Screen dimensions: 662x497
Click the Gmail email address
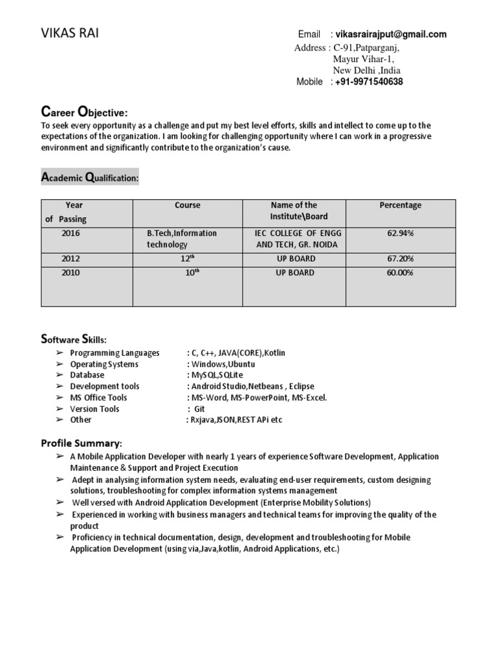click(x=391, y=34)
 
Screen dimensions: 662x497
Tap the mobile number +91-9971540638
click(x=368, y=82)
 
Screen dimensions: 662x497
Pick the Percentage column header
click(x=400, y=206)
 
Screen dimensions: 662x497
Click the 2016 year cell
click(x=71, y=233)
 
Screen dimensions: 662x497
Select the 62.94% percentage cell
click(x=400, y=233)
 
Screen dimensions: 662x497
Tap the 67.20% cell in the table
click(x=400, y=259)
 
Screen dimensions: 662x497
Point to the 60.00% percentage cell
click(x=400, y=273)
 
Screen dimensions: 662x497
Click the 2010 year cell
click(x=71, y=273)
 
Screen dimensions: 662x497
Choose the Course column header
click(x=187, y=206)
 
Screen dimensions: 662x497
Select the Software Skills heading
click(x=74, y=339)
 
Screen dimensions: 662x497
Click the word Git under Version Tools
click(x=199, y=409)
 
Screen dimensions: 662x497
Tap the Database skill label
click(x=87, y=375)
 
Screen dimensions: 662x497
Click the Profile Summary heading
click(x=81, y=443)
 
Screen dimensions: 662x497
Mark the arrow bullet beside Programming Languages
click(x=59, y=353)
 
